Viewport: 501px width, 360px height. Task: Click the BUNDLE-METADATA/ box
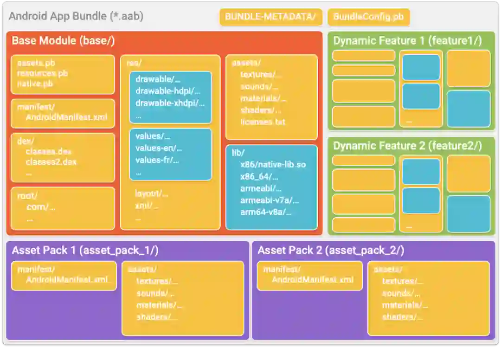[270, 17]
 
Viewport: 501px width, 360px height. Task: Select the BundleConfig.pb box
[368, 17]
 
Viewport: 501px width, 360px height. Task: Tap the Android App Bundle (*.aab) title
[76, 16]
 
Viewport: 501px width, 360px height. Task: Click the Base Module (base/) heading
[63, 41]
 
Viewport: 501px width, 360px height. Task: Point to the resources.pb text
[43, 73]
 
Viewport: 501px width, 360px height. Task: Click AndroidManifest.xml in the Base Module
[66, 117]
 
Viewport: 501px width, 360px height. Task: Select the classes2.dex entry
[51, 162]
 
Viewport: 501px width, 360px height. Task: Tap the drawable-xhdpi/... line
[170, 103]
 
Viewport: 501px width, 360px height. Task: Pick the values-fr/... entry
[157, 161]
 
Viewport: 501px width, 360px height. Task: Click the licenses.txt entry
[263, 122]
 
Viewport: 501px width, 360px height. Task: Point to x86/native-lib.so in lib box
[273, 164]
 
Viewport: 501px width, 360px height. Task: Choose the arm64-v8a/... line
[266, 212]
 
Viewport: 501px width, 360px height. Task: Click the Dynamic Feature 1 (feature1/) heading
[407, 41]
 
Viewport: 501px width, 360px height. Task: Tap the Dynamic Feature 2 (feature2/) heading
[407, 146]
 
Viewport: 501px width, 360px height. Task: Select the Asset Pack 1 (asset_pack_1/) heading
[85, 251]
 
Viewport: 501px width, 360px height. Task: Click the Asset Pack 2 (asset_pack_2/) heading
[331, 251]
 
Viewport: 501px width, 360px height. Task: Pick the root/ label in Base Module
[27, 196]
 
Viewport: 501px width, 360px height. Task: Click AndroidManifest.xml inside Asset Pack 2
[312, 280]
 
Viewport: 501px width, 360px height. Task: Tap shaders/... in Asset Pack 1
[157, 317]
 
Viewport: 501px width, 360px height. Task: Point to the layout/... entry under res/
[151, 193]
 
